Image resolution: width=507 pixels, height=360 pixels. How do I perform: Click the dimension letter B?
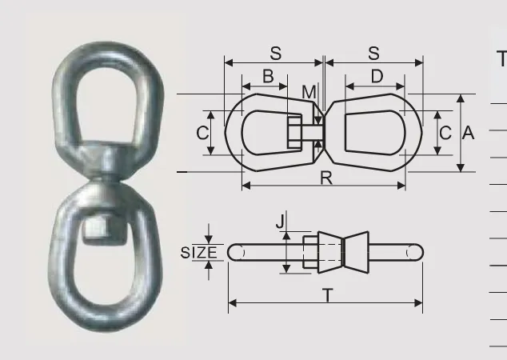(268, 76)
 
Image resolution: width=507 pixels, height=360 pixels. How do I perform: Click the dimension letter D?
(377, 76)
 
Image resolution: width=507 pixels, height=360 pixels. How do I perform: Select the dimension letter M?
(309, 92)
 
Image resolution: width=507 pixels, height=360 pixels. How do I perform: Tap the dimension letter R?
(326, 178)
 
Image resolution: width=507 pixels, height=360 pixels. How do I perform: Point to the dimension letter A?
(468, 133)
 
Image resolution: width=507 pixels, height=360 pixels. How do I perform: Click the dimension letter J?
(281, 222)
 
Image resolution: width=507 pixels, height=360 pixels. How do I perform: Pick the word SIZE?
(198, 253)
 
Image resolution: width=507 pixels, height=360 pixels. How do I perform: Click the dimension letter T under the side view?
(328, 295)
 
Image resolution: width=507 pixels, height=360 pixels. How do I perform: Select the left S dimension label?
(276, 53)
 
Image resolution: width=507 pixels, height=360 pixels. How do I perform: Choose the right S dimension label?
(373, 53)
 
